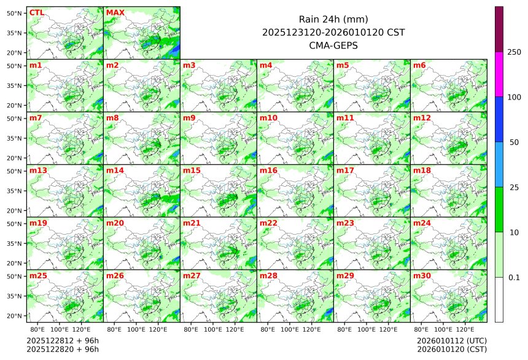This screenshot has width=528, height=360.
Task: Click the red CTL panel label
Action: (36, 12)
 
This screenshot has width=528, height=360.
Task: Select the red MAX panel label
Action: (115, 12)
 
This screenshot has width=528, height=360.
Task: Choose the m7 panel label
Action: (36, 117)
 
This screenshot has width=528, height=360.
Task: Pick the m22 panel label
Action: (269, 223)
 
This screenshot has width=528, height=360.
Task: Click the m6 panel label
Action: (420, 65)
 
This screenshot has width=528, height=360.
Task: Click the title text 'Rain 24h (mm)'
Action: (333, 19)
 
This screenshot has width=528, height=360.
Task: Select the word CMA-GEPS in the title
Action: (333, 45)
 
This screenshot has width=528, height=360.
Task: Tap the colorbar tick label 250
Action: (514, 52)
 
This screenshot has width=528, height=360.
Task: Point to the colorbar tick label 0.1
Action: (514, 278)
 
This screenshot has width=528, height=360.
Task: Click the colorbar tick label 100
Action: (514, 97)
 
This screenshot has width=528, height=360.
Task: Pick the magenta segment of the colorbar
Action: (499, 74)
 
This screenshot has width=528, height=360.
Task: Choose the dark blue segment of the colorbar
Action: (499, 119)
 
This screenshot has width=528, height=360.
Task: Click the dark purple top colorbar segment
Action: (499, 29)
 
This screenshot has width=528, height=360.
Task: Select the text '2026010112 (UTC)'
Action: (451, 340)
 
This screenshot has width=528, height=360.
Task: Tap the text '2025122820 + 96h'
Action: (63, 350)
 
